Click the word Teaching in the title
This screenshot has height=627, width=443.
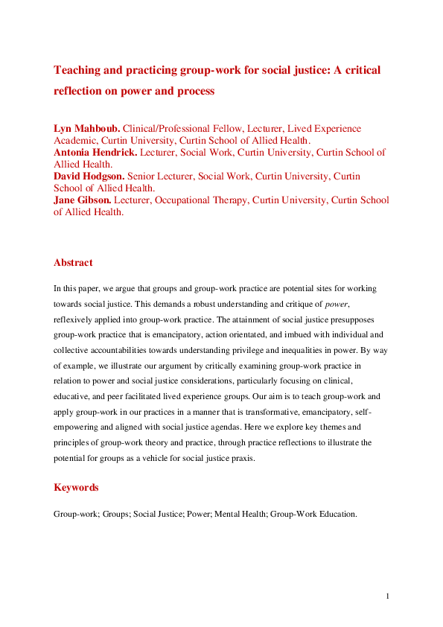(x=78, y=70)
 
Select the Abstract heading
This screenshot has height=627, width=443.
(x=73, y=262)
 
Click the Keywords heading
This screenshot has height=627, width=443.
(x=76, y=488)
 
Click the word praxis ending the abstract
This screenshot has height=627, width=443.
(x=240, y=458)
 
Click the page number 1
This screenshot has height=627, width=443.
(x=388, y=596)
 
